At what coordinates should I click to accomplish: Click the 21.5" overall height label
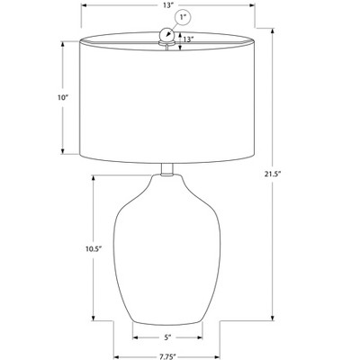pos(272,175)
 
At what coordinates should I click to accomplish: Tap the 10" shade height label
pos(63,97)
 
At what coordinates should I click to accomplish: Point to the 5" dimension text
pos(167,337)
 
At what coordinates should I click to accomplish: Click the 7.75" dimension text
pos(166,357)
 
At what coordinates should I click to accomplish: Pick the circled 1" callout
pos(183,18)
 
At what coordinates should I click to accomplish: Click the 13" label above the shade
pos(169,5)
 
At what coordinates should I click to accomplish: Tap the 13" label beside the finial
pos(188,40)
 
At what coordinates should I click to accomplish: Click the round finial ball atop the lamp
pos(166,33)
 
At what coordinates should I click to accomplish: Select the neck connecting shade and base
pos(166,169)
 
